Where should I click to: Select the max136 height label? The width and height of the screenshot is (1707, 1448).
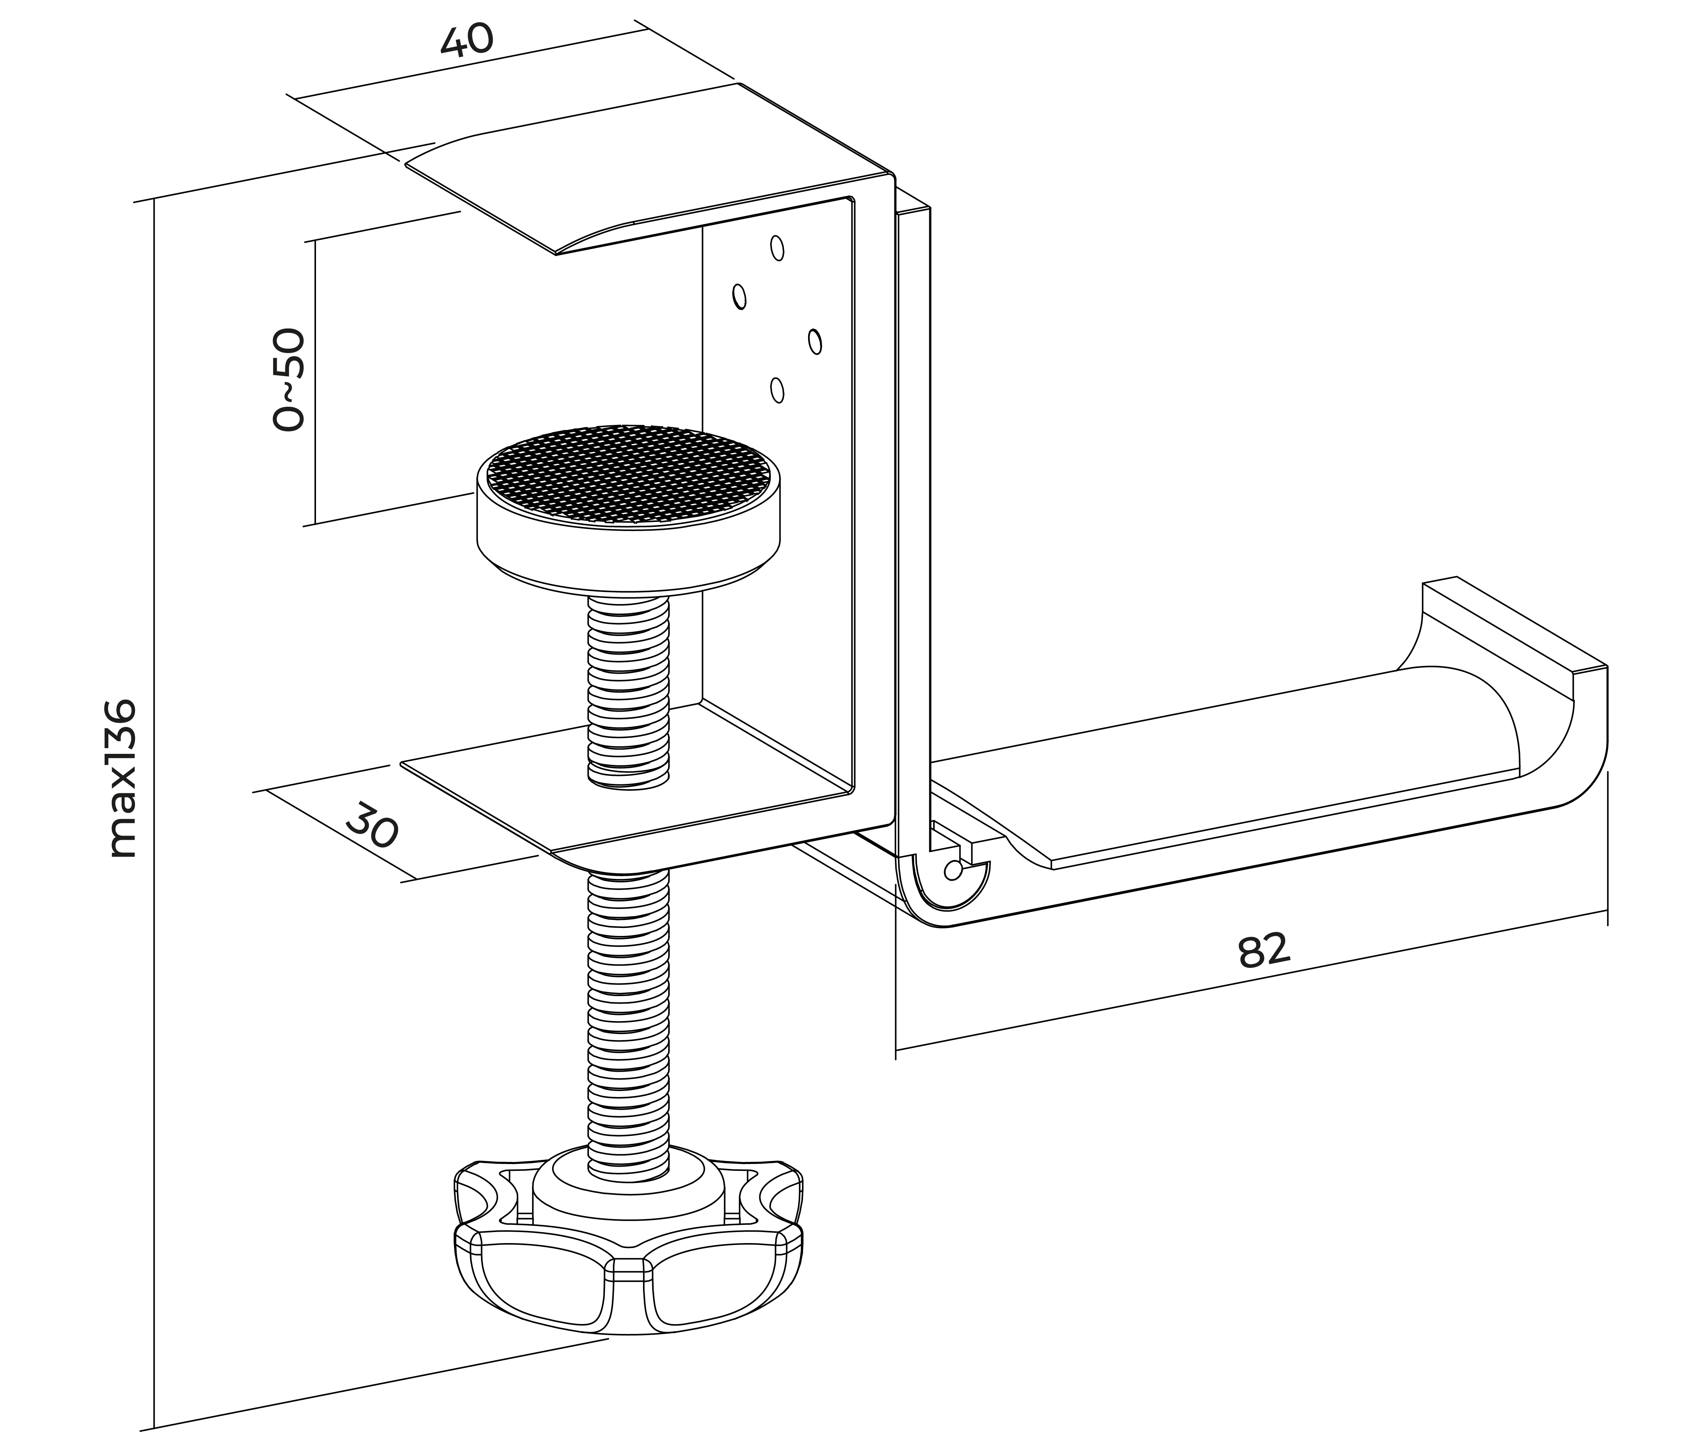tap(123, 778)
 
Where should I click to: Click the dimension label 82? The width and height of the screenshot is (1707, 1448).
tap(1264, 950)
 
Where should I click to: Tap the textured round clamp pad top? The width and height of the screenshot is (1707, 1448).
tap(628, 474)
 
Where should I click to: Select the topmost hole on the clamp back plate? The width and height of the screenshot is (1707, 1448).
tap(777, 248)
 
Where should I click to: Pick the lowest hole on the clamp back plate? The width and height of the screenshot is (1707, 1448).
tap(777, 390)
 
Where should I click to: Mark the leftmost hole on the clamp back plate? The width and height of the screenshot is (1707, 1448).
tap(739, 297)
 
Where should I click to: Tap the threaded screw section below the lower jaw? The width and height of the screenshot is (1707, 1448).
tap(628, 1010)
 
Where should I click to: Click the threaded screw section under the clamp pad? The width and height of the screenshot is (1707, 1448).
tap(628, 690)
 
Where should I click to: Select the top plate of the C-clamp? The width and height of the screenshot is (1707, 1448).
tap(649, 168)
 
